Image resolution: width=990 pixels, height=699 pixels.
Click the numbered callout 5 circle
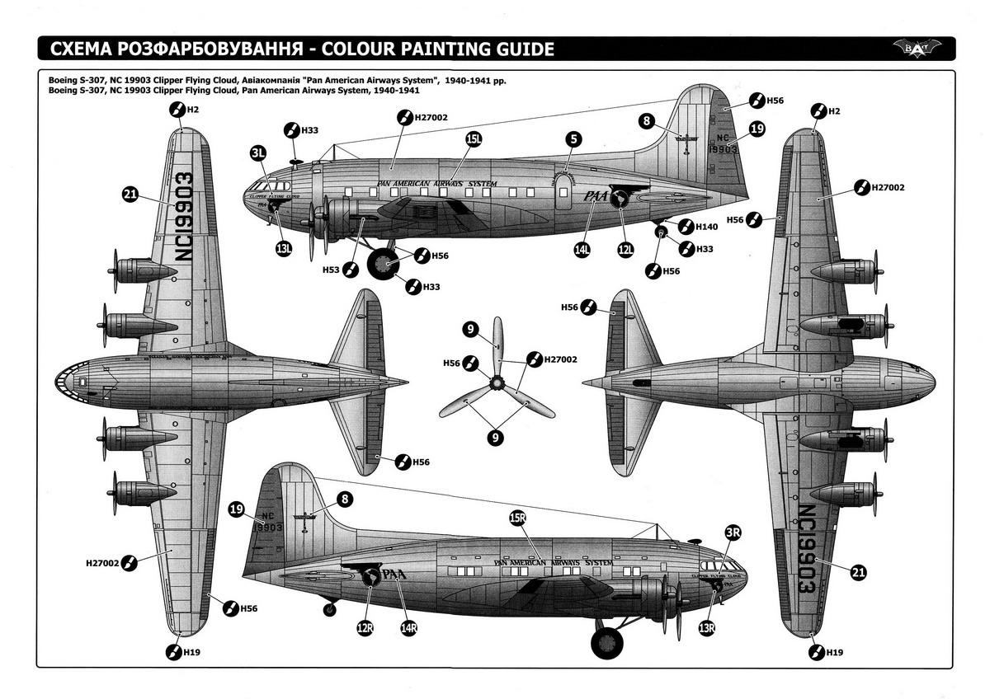[x=573, y=140]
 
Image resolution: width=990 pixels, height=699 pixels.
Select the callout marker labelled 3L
[x=258, y=152]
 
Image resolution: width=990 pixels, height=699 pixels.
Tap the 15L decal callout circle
[x=474, y=140]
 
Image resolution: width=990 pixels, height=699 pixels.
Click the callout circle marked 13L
[x=284, y=248]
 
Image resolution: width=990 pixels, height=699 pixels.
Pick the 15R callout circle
[x=517, y=518]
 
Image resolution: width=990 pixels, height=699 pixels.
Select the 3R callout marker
[x=733, y=532]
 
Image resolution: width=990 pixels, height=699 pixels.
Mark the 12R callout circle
[x=365, y=628]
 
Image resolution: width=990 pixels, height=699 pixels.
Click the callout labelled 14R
[x=408, y=628]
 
